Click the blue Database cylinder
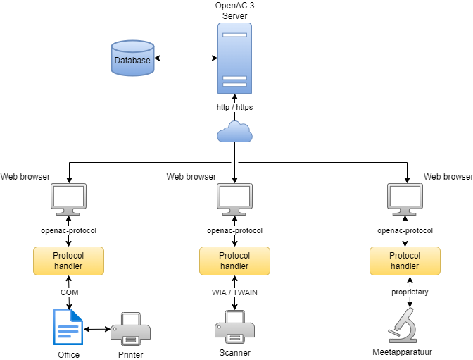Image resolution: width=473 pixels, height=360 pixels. coord(132,59)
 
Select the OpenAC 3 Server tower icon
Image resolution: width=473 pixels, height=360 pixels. coord(234,59)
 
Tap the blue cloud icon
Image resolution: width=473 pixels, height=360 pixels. coord(234,131)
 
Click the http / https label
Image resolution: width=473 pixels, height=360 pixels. coord(234,107)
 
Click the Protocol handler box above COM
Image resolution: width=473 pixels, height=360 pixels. coord(69,261)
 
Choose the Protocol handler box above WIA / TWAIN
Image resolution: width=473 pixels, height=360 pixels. coord(234,261)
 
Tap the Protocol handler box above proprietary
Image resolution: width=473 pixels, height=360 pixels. coord(405,261)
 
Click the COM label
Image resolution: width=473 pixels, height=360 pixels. coord(69,292)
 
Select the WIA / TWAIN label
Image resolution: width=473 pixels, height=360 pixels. coord(234,292)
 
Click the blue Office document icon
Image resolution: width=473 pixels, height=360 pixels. coord(69,327)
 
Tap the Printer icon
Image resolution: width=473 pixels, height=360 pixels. coord(130,328)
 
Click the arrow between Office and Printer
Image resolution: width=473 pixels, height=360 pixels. coord(96,329)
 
